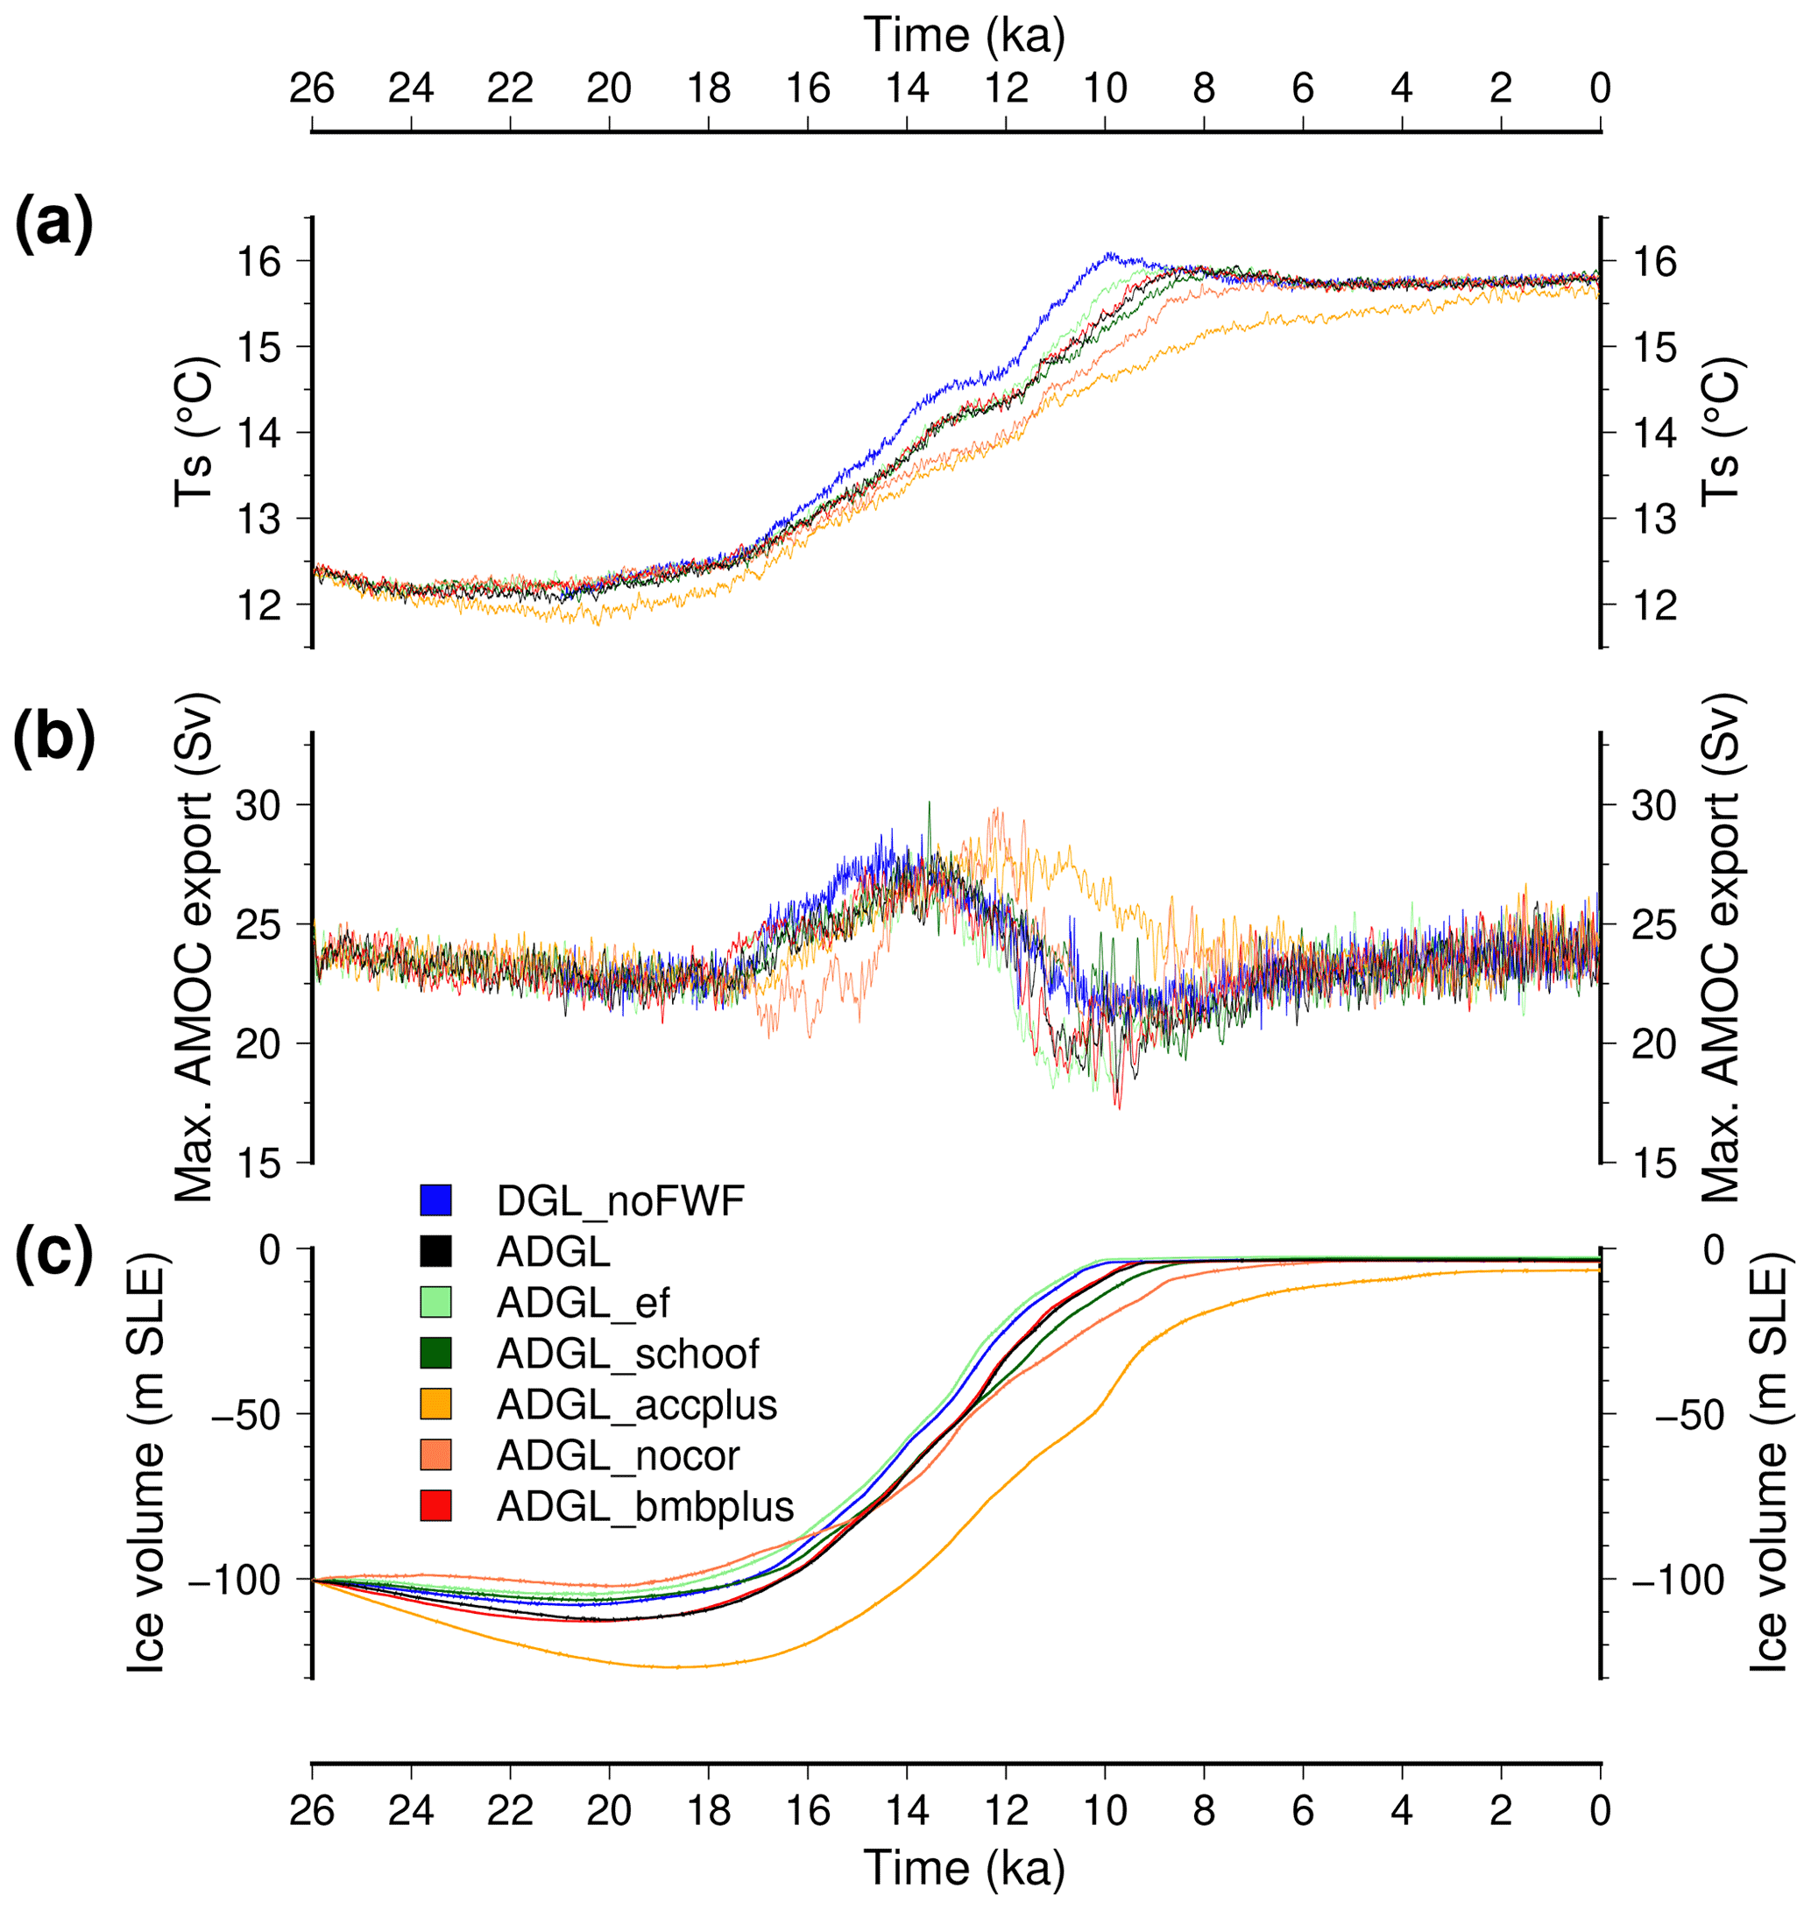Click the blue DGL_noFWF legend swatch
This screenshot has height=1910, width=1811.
[x=435, y=1199]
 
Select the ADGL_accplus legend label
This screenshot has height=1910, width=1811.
[x=636, y=1405]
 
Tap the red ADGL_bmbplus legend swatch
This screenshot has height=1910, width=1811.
[x=435, y=1507]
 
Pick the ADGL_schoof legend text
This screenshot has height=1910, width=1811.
[x=627, y=1354]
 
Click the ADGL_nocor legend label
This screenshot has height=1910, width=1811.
[x=618, y=1455]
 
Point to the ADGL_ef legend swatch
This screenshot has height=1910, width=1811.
[x=435, y=1302]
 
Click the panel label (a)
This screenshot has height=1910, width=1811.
[x=54, y=224]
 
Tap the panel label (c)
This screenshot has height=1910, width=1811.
[x=54, y=1252]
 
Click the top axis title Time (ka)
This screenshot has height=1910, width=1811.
[x=965, y=36]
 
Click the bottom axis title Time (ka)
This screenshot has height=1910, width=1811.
[x=965, y=1868]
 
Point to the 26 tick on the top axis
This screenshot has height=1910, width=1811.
[x=312, y=88]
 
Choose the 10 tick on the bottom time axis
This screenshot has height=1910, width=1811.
[x=1106, y=1811]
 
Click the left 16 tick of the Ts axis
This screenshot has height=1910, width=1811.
[x=257, y=262]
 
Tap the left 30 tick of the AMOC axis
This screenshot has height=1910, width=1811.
[x=257, y=805]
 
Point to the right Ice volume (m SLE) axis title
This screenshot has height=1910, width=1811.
[x=1771, y=1461]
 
